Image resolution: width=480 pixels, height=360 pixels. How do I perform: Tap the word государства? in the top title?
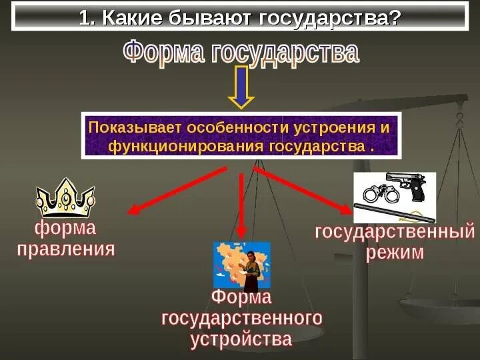click(327, 17)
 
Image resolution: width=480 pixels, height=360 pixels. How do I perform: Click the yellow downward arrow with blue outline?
click(241, 87)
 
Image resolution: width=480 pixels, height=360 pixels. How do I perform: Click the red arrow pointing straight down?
click(241, 203)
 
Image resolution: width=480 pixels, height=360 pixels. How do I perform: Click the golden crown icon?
click(65, 197)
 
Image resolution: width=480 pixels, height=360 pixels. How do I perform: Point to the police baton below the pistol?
click(393, 213)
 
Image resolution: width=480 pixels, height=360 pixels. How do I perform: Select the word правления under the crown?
click(66, 250)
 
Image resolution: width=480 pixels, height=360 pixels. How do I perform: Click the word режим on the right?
click(395, 253)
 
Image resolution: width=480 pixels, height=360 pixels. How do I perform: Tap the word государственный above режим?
click(395, 233)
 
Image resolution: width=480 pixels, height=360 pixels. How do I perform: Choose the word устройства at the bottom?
click(241, 339)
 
